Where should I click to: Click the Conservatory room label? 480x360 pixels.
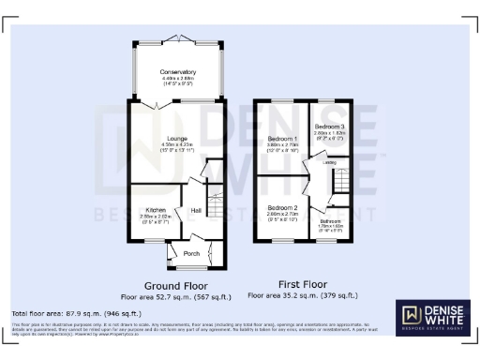(x=177, y=72)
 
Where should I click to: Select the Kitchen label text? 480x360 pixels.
(x=156, y=209)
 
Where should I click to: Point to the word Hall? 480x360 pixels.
(x=196, y=211)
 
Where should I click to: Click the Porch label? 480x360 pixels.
(x=191, y=252)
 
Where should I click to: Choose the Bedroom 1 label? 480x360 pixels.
(x=282, y=139)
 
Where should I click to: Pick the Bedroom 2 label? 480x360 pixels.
(x=281, y=207)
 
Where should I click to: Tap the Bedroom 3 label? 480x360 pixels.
(x=328, y=127)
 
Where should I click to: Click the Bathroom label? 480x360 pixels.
(x=330, y=220)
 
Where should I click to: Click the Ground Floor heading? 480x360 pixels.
(x=174, y=284)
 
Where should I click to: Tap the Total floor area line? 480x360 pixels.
(x=76, y=312)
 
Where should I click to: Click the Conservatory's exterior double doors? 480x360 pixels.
(x=177, y=38)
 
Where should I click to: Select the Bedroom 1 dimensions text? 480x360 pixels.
(x=282, y=147)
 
